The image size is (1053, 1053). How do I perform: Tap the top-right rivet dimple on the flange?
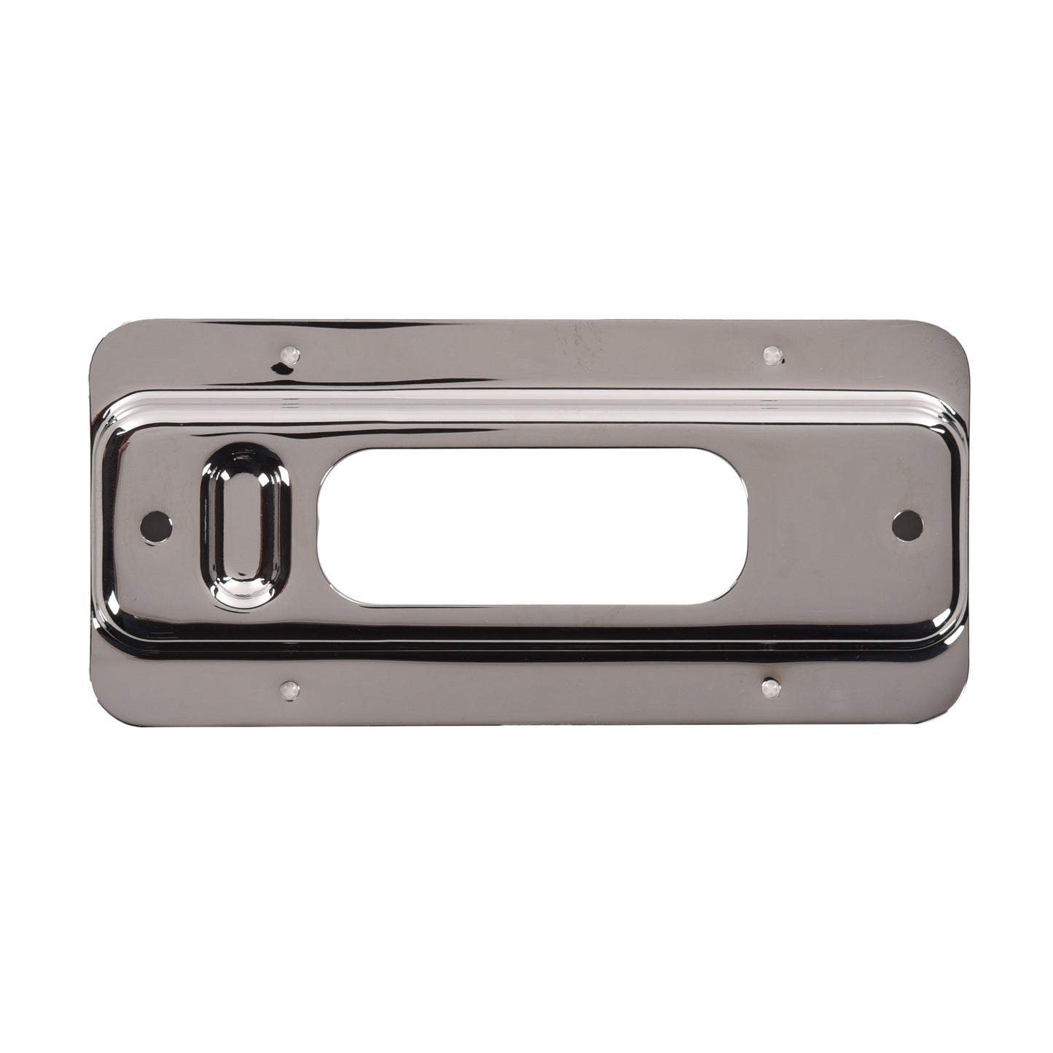[772, 355]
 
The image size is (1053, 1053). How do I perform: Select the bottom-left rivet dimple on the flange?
[290, 687]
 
